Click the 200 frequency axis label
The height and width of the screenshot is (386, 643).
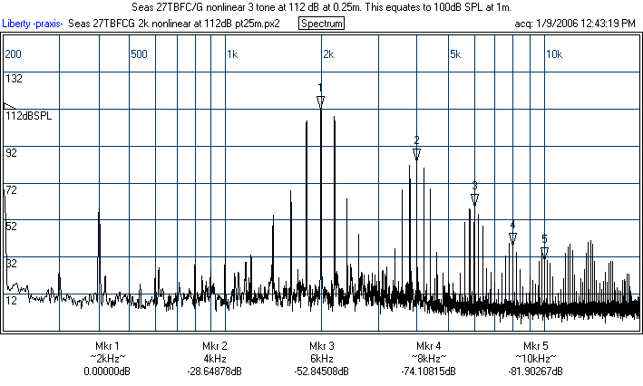pyautogui.click(x=13, y=54)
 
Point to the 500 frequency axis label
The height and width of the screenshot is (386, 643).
pyautogui.click(x=139, y=54)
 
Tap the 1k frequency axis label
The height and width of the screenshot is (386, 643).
pyautogui.click(x=232, y=54)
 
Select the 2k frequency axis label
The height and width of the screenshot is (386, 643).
pyautogui.click(x=328, y=54)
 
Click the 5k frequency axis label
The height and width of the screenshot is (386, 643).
pyautogui.click(x=455, y=54)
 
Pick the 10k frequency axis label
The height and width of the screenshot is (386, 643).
pyautogui.click(x=552, y=54)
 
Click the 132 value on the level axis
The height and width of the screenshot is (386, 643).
pyautogui.click(x=14, y=79)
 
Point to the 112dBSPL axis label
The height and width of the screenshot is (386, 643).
pyautogui.click(x=28, y=116)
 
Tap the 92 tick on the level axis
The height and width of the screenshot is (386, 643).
pyautogui.click(x=12, y=153)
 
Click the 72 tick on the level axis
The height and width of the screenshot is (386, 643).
pyautogui.click(x=12, y=190)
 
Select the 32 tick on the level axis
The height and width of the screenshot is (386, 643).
pyautogui.click(x=12, y=264)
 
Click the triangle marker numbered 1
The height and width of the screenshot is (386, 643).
pyautogui.click(x=320, y=101)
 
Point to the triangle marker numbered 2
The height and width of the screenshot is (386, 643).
pyautogui.click(x=416, y=154)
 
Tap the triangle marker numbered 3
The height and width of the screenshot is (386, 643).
pyautogui.click(x=474, y=199)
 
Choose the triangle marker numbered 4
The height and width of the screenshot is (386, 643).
pyautogui.click(x=512, y=238)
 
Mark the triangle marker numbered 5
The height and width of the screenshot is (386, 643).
pyautogui.click(x=544, y=253)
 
